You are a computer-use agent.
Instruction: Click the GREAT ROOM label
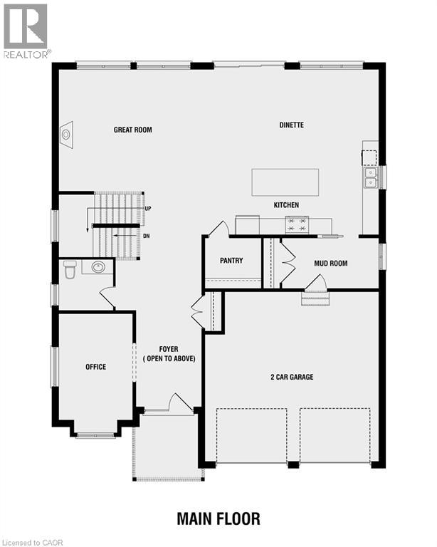pyautogui.click(x=133, y=130)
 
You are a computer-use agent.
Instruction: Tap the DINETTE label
pyautogui.click(x=291, y=125)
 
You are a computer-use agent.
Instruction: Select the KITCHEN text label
pyautogui.click(x=286, y=205)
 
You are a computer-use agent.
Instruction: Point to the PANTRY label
pyautogui.click(x=231, y=261)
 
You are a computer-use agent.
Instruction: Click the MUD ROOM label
pyautogui.click(x=331, y=264)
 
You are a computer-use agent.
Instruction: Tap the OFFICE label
pyautogui.click(x=96, y=367)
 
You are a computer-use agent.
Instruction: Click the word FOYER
pyautogui.click(x=169, y=349)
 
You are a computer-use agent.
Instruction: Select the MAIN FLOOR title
pyautogui.click(x=218, y=519)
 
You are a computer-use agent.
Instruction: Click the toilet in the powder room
pyautogui.click(x=70, y=269)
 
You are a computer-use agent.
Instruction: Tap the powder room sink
pyautogui.click(x=98, y=267)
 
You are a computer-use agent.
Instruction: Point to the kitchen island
pyautogui.click(x=285, y=182)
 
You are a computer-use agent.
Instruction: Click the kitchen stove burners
pyautogui.click(x=297, y=225)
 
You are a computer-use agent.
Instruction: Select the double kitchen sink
pyautogui.click(x=371, y=177)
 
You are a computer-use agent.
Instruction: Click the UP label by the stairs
pyautogui.click(x=148, y=209)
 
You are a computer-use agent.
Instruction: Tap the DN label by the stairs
pyautogui.click(x=147, y=236)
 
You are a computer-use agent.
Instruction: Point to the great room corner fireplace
pyautogui.click(x=66, y=133)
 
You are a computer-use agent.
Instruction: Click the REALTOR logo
pyautogui.click(x=26, y=30)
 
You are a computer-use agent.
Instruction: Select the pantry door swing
pyautogui.click(x=218, y=229)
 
